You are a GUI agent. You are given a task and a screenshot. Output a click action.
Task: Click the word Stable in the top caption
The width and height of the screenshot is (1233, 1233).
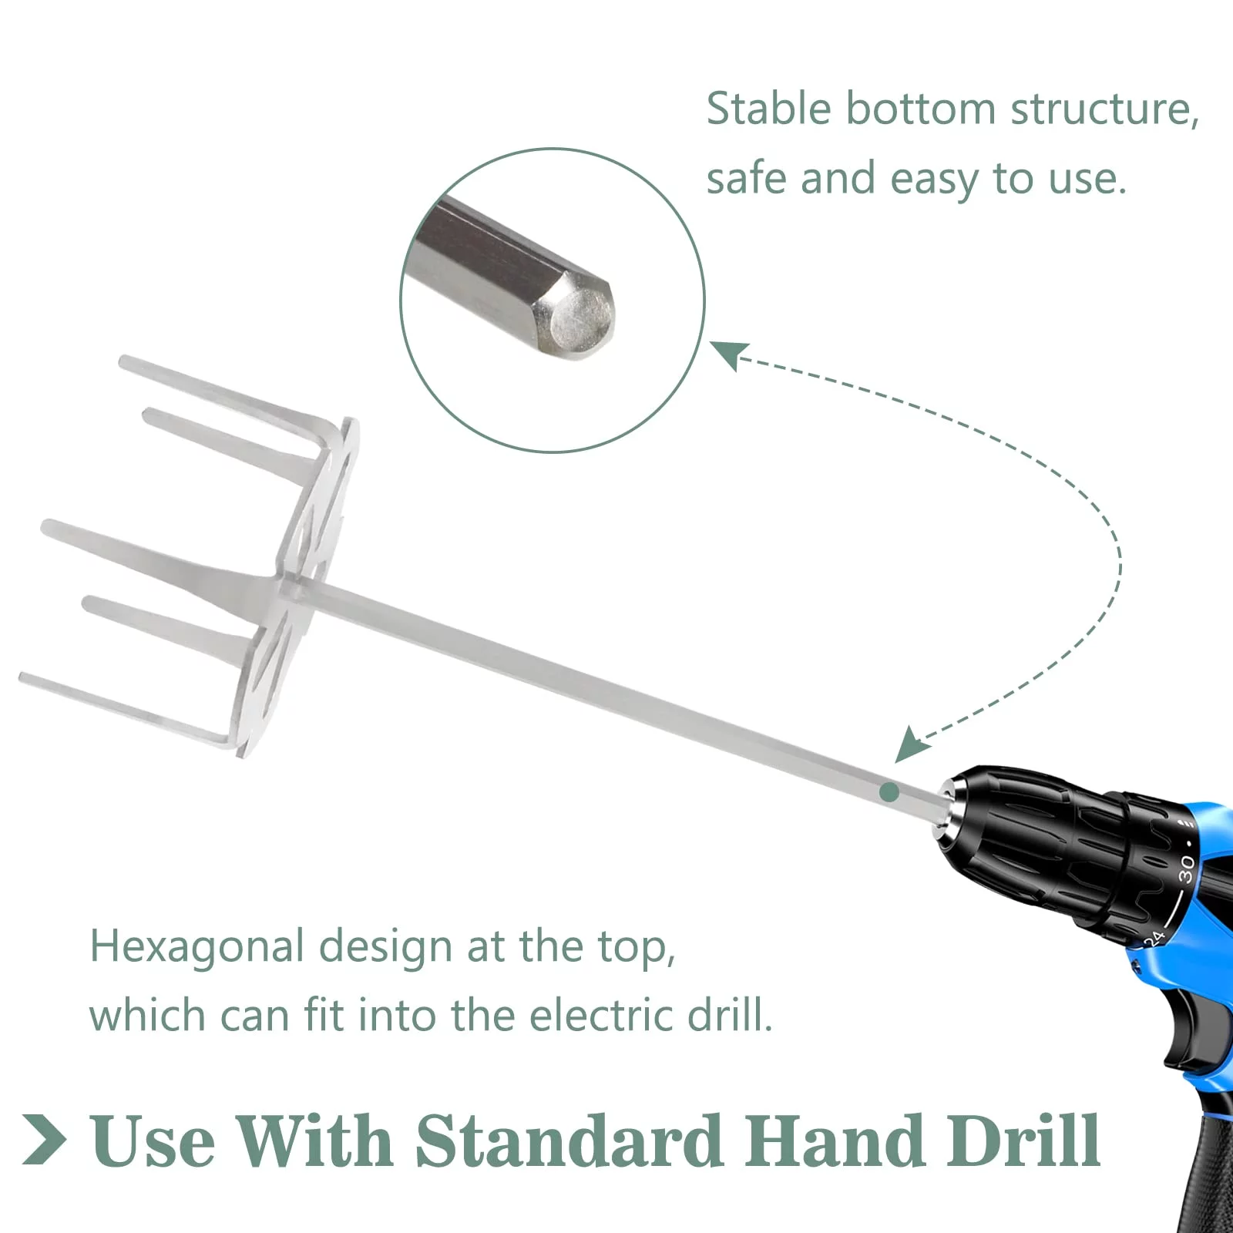(768, 108)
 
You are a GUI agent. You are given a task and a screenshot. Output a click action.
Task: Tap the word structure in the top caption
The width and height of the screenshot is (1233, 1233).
(1105, 109)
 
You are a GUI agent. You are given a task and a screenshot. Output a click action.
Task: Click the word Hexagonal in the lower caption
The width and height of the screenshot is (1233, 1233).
(197, 947)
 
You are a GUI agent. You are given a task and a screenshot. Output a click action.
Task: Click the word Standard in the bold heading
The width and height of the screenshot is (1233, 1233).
(569, 1141)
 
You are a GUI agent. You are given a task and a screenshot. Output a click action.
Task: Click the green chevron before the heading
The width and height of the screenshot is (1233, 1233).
(44, 1139)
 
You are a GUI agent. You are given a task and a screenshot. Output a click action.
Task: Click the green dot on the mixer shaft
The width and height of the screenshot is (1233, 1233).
(889, 791)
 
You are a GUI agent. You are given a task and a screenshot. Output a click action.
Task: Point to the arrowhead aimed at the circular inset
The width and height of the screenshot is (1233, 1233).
(728, 355)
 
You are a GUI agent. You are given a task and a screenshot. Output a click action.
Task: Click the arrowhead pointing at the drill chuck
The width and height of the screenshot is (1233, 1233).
(909, 744)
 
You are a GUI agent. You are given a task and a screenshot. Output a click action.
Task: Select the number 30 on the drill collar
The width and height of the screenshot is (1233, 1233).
(1187, 869)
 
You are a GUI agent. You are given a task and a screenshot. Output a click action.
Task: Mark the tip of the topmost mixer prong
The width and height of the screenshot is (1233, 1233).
(123, 361)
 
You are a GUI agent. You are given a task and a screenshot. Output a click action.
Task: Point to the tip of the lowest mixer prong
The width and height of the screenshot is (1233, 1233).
(24, 678)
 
